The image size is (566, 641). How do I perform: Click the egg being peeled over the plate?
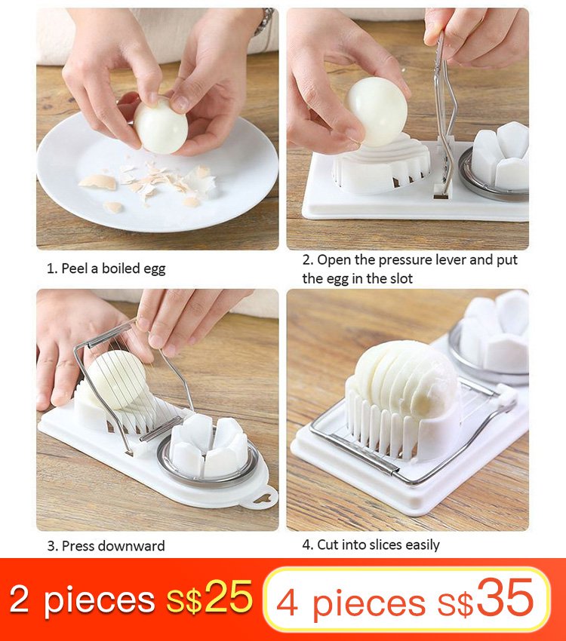160,126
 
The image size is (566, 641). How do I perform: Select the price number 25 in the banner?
228,597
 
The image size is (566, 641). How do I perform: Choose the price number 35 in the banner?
505,599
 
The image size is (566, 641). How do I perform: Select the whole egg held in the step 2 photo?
376,110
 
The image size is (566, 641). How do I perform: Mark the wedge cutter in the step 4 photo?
494,332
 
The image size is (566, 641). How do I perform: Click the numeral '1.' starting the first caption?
52,268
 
